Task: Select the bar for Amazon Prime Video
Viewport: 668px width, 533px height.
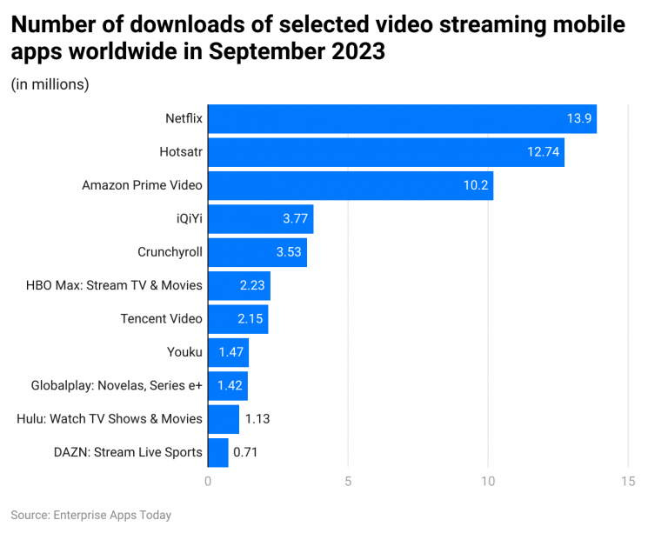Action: (350, 185)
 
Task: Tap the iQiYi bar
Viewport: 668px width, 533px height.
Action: (260, 218)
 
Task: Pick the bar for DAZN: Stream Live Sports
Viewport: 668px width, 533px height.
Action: (217, 452)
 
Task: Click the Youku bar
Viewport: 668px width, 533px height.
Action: (228, 352)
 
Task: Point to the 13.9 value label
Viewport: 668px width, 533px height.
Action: (579, 118)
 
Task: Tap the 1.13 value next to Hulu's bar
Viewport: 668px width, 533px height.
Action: (257, 419)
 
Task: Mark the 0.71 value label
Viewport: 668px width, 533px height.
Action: (245, 452)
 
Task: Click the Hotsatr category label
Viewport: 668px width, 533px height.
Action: (181, 152)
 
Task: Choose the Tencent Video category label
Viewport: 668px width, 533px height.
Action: (161, 319)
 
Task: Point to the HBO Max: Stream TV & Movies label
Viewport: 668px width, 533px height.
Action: (115, 285)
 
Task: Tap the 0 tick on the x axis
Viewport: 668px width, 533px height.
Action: (208, 482)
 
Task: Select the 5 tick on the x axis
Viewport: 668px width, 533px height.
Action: (348, 482)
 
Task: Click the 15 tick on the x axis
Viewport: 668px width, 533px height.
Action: (628, 482)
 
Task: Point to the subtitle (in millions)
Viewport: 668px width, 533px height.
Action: (50, 84)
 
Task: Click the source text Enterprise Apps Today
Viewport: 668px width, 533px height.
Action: (112, 515)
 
